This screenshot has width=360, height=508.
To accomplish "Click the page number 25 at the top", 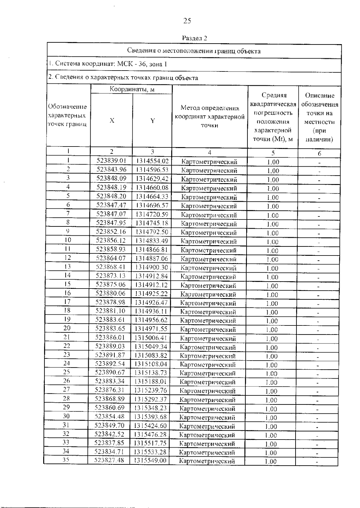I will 187,21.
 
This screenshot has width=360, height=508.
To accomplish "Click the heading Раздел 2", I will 194,38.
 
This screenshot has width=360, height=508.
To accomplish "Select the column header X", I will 112,121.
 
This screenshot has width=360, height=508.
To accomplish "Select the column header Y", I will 152,121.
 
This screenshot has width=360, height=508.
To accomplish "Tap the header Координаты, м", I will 132,89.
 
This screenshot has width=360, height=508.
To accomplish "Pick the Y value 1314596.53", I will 152,170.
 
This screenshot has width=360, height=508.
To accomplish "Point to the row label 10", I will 68,240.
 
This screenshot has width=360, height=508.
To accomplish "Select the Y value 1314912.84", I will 151,276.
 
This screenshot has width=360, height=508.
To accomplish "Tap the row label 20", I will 67,328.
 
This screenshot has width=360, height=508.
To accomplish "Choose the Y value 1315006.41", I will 151,338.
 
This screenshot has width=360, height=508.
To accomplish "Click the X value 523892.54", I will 110,364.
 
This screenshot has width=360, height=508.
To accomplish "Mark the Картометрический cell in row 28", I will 207,400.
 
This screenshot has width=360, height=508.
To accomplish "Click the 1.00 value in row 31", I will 271,427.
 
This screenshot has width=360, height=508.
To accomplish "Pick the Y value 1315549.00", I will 150,461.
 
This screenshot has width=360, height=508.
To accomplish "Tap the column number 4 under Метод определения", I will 209,153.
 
